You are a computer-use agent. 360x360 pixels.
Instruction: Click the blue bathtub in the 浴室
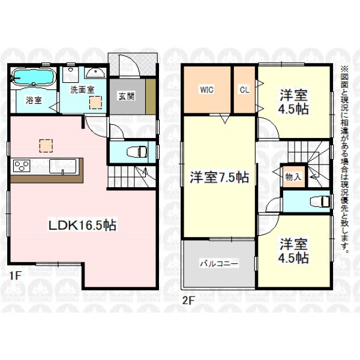click(x=34, y=77)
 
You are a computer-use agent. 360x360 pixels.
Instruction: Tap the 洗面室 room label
click(x=82, y=90)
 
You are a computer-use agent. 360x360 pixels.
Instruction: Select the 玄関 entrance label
click(x=126, y=96)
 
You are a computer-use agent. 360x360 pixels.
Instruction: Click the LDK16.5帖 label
click(x=82, y=225)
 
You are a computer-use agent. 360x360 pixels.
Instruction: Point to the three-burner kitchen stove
click(x=22, y=166)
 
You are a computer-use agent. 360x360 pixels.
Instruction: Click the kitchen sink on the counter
click(x=62, y=166)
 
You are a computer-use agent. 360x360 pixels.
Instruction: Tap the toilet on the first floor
click(x=137, y=152)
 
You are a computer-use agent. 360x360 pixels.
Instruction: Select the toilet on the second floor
click(x=320, y=202)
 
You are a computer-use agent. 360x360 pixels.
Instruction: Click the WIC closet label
click(x=206, y=89)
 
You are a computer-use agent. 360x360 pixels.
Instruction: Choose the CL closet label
click(x=244, y=90)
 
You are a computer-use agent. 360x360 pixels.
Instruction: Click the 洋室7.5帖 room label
click(x=220, y=177)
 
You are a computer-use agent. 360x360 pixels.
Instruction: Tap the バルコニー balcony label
click(x=219, y=263)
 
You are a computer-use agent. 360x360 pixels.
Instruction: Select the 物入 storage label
click(x=293, y=177)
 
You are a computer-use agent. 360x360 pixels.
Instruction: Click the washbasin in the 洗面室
click(x=95, y=73)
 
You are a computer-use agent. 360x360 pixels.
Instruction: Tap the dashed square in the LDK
click(x=46, y=146)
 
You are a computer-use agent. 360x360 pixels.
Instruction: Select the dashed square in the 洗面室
click(x=95, y=103)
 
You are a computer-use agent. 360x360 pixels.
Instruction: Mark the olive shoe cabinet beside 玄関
click(x=151, y=97)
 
